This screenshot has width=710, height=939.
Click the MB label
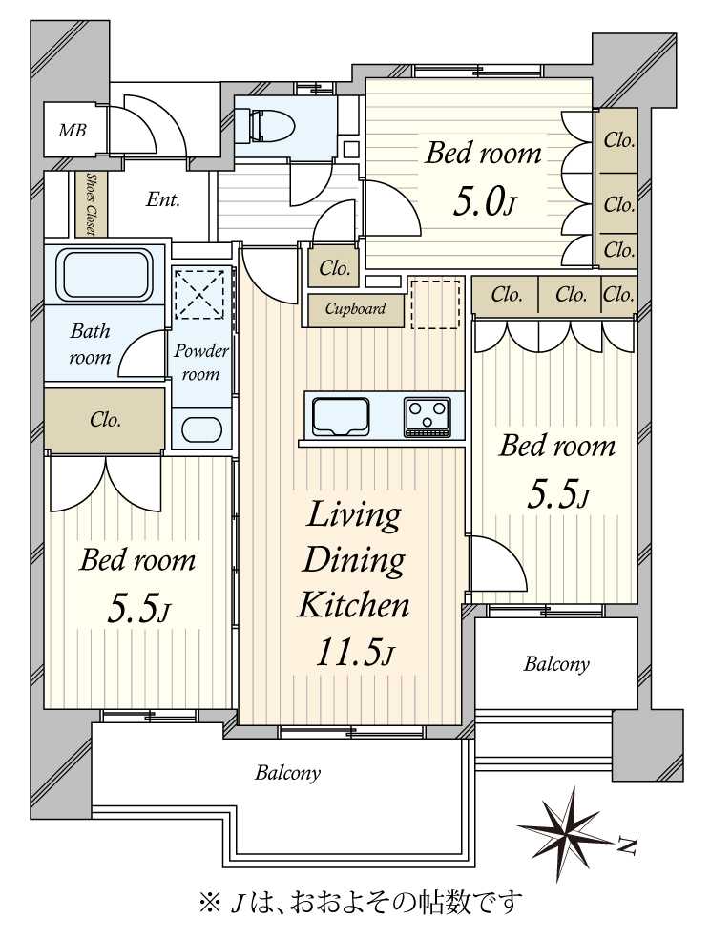click(x=72, y=130)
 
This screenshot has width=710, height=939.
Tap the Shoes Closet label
click(x=91, y=204)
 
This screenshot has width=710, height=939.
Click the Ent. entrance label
click(x=163, y=199)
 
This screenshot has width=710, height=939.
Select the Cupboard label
click(x=355, y=309)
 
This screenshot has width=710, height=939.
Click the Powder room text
click(x=200, y=363)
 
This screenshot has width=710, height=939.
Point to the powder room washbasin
click(x=200, y=429)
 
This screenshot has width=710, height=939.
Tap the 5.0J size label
click(x=483, y=202)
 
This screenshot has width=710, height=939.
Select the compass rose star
click(x=566, y=833)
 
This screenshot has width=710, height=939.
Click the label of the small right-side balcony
click(x=556, y=664)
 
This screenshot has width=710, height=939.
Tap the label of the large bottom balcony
click(x=287, y=773)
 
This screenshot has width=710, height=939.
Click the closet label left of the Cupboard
click(x=334, y=268)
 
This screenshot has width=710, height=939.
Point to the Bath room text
click(x=90, y=344)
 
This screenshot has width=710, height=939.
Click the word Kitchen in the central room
click(x=354, y=605)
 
